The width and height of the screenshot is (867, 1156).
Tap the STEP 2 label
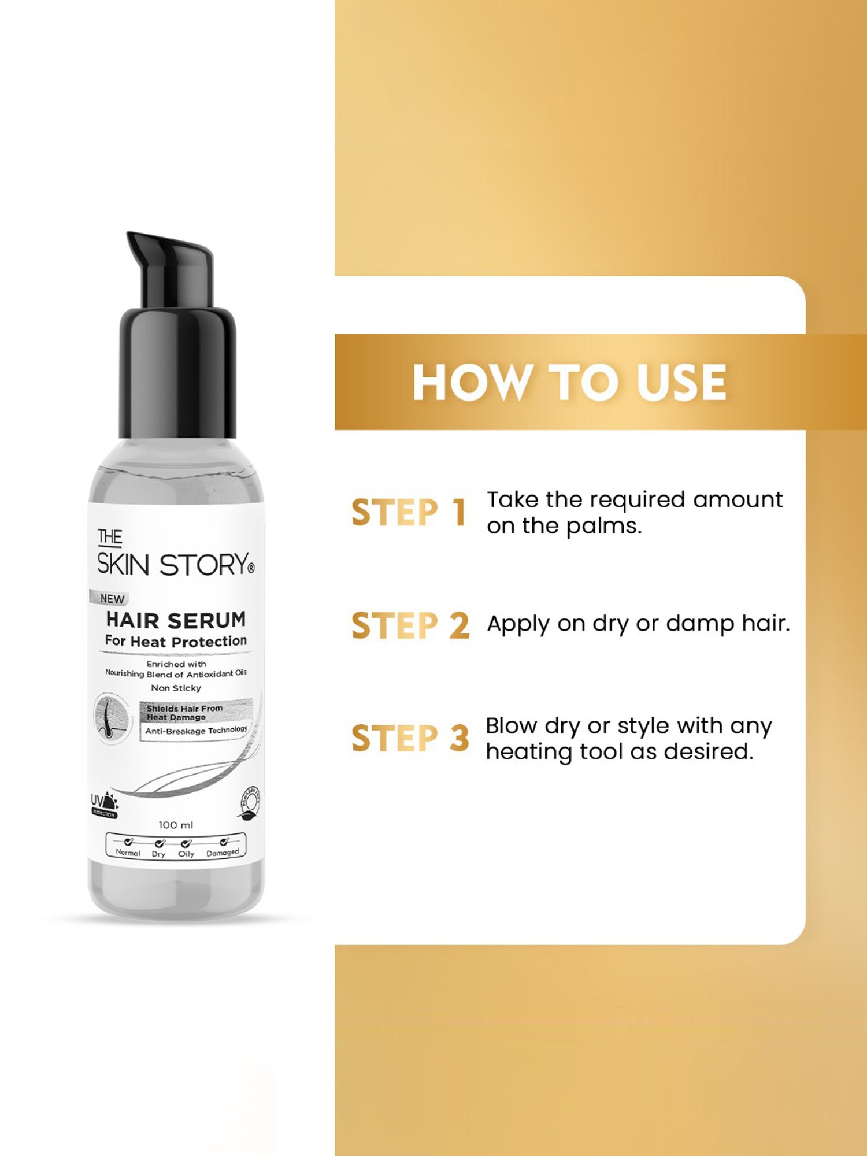[410, 625]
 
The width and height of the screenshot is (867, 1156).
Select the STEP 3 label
[410, 738]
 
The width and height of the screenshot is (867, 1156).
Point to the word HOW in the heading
[472, 383]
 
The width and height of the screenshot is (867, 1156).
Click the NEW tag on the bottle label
[112, 599]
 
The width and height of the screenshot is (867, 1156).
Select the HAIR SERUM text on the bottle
[176, 620]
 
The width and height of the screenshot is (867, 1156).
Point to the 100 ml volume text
[176, 825]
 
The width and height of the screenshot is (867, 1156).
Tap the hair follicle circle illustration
[112, 718]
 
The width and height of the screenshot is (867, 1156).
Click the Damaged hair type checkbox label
[223, 852]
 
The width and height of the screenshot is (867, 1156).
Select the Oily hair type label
[186, 853]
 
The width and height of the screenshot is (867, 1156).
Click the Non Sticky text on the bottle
[176, 688]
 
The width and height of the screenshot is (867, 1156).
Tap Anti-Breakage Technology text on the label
[196, 731]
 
